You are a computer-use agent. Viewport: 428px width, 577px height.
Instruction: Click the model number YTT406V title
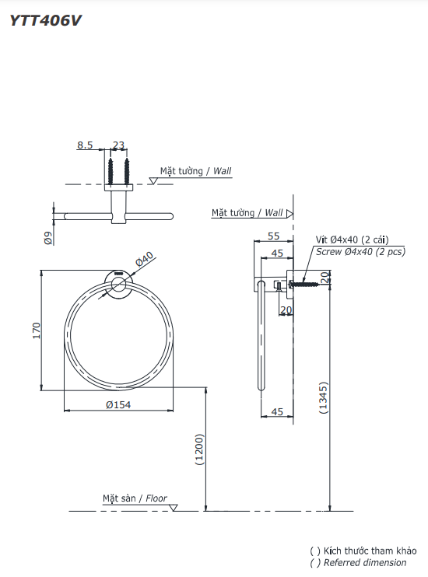(45, 20)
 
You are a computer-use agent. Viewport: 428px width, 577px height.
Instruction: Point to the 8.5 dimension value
(85, 145)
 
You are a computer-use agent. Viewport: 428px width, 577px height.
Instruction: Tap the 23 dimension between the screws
(118, 145)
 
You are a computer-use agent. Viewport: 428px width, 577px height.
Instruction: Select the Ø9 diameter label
(48, 238)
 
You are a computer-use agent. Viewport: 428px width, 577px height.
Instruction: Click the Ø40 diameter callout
(144, 259)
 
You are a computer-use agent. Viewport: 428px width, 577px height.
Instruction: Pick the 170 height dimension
(36, 330)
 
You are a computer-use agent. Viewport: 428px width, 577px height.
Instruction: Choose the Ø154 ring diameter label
(118, 405)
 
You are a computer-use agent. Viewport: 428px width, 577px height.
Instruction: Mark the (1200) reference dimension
(199, 449)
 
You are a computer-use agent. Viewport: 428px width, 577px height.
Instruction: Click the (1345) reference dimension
(323, 398)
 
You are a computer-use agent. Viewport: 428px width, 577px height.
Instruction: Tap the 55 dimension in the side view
(274, 236)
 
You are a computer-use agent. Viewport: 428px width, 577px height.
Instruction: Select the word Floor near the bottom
(156, 498)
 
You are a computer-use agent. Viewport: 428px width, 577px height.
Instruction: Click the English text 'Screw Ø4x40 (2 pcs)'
(360, 252)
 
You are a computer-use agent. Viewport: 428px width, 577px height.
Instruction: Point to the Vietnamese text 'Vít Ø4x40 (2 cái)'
(352, 240)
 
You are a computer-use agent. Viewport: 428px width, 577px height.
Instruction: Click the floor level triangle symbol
(173, 508)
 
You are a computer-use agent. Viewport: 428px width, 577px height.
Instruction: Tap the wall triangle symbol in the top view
(153, 180)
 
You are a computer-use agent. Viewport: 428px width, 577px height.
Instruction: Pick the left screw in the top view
(111, 172)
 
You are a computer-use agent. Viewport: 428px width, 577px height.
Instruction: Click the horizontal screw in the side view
(303, 284)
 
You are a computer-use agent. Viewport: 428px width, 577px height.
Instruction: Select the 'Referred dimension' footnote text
(365, 563)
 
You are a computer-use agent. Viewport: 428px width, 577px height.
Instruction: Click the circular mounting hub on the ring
(118, 285)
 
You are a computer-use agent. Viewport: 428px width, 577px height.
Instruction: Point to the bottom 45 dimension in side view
(277, 412)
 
